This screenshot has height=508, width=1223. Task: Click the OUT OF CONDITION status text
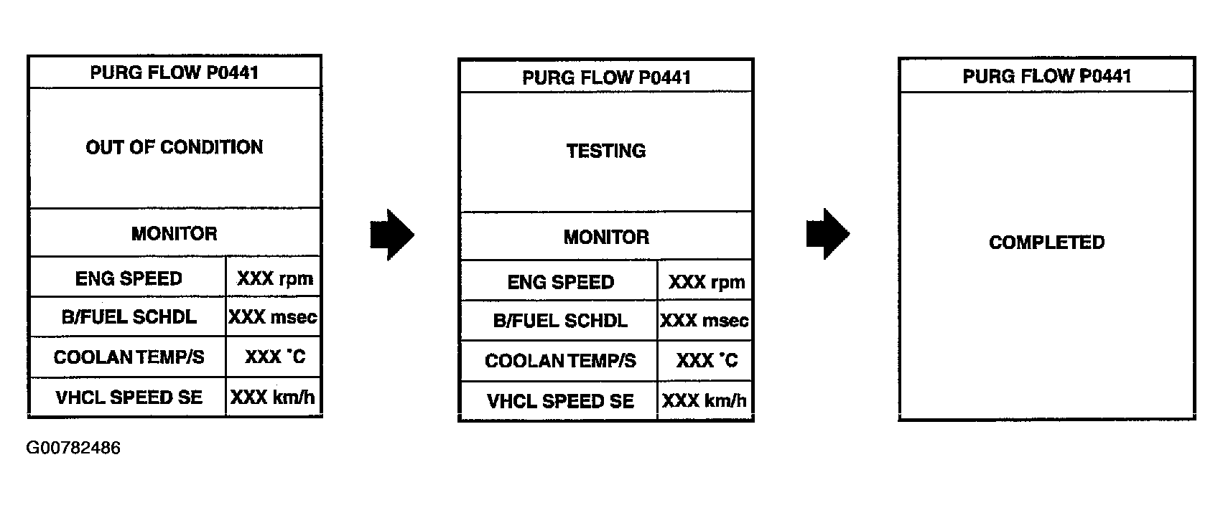[x=175, y=148]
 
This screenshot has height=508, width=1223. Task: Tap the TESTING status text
[x=606, y=151]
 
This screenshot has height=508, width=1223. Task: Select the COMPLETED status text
[x=1046, y=243]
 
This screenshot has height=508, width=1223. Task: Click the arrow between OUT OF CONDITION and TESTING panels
[x=392, y=235]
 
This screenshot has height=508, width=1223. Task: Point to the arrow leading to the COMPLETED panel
[x=827, y=234]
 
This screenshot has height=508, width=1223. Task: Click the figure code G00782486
[x=73, y=448]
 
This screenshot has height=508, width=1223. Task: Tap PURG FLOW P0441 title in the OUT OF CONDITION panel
[x=175, y=72]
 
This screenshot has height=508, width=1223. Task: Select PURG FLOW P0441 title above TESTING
[x=606, y=77]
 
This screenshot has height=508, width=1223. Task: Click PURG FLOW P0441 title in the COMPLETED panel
[x=1046, y=76]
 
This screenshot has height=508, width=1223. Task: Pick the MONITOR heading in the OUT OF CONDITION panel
[x=175, y=234]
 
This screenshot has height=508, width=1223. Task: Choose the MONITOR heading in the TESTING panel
[x=606, y=237]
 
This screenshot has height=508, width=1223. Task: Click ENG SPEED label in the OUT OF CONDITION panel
[x=129, y=279]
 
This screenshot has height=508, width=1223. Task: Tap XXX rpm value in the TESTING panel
[x=707, y=283]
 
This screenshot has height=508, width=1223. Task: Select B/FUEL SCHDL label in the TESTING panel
[x=560, y=321]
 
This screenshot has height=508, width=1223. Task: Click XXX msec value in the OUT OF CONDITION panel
[x=273, y=317]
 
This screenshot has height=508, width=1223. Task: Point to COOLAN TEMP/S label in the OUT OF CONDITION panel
[x=129, y=357]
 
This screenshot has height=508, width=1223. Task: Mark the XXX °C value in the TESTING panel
[x=707, y=360]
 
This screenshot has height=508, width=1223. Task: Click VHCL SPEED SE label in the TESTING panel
[x=560, y=401]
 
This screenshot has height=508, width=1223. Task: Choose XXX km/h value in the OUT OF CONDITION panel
[x=273, y=398]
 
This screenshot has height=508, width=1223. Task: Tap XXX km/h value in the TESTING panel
[x=704, y=401]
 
